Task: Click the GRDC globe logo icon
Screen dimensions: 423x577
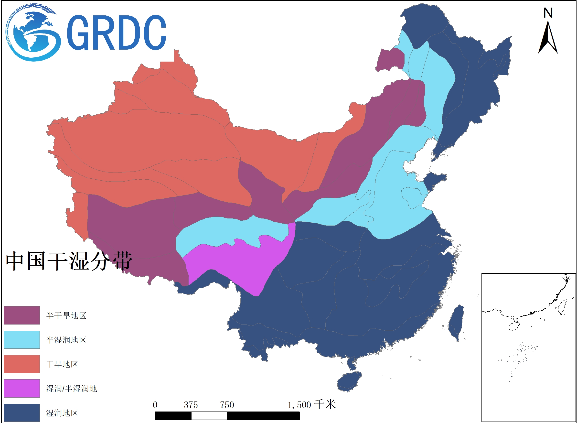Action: pos(33,33)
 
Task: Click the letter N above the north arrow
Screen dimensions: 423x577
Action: pos(548,13)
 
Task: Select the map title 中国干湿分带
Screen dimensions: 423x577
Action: pos(69,261)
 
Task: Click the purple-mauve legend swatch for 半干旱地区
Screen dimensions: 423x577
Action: pos(22,315)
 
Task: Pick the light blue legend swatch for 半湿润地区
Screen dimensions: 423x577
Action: pos(22,339)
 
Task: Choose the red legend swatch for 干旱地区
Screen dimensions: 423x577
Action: pos(22,364)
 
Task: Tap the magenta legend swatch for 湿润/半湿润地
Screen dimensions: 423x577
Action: pos(22,388)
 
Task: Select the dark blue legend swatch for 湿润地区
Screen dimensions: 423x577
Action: pos(22,412)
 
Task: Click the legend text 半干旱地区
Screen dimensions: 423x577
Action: pos(66,315)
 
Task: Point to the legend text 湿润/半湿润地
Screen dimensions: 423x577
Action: pos(71,389)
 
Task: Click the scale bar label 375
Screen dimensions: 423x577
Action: pos(191,405)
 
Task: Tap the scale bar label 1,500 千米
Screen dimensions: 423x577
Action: pos(311,405)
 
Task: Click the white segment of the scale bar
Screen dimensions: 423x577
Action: pos(209,416)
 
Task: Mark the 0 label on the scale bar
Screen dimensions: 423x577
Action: pos(155,405)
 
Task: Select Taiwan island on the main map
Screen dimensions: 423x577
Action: pos(456,323)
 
